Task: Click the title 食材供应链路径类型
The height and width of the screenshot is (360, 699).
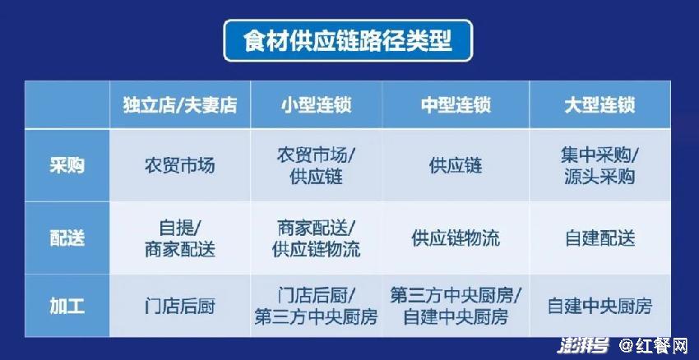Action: [348, 40]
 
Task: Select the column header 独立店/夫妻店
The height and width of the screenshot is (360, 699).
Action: [180, 105]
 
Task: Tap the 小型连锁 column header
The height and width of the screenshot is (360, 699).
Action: [316, 105]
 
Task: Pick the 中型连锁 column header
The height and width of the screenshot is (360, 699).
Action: [456, 105]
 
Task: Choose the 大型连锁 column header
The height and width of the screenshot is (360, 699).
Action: [599, 105]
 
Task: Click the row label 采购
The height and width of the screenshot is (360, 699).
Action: [67, 166]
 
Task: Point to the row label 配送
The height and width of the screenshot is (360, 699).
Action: [67, 238]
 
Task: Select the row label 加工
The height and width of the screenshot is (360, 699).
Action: [67, 307]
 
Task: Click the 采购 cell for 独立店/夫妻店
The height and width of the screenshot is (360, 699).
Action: [179, 166]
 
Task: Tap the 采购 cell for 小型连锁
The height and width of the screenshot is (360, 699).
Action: [316, 166]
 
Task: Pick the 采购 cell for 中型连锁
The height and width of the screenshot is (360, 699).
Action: [456, 166]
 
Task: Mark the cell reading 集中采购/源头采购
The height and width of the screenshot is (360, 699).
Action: [599, 166]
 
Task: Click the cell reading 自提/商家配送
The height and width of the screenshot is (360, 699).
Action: [179, 238]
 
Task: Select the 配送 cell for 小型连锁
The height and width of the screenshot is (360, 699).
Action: [316, 238]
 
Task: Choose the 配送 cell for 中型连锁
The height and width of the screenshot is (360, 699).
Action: [456, 238]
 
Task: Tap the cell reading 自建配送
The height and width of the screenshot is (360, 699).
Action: [599, 238]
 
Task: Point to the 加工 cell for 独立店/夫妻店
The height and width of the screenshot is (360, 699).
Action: [179, 307]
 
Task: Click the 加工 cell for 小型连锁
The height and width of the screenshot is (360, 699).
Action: [316, 307]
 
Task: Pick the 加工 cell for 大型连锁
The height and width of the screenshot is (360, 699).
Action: [599, 307]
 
